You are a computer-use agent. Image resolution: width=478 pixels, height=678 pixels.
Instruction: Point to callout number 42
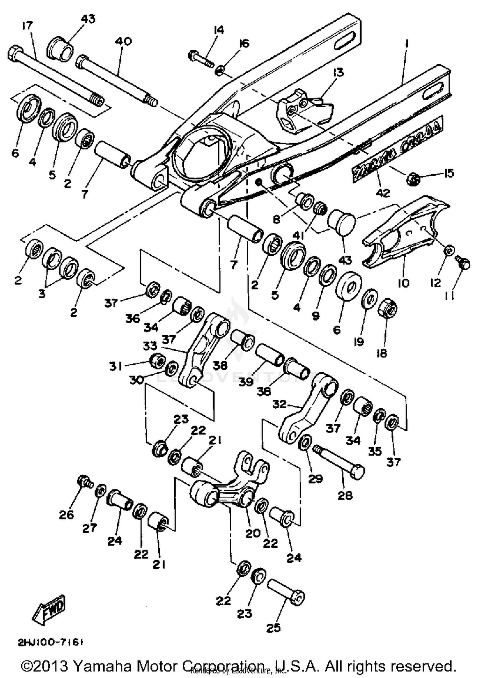383,193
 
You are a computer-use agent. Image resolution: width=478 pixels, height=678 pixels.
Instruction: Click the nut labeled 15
413,179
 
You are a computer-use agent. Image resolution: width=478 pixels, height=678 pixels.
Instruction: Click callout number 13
338,73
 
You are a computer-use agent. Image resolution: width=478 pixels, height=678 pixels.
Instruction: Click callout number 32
279,404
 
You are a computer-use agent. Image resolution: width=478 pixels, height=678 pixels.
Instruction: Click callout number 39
246,381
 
